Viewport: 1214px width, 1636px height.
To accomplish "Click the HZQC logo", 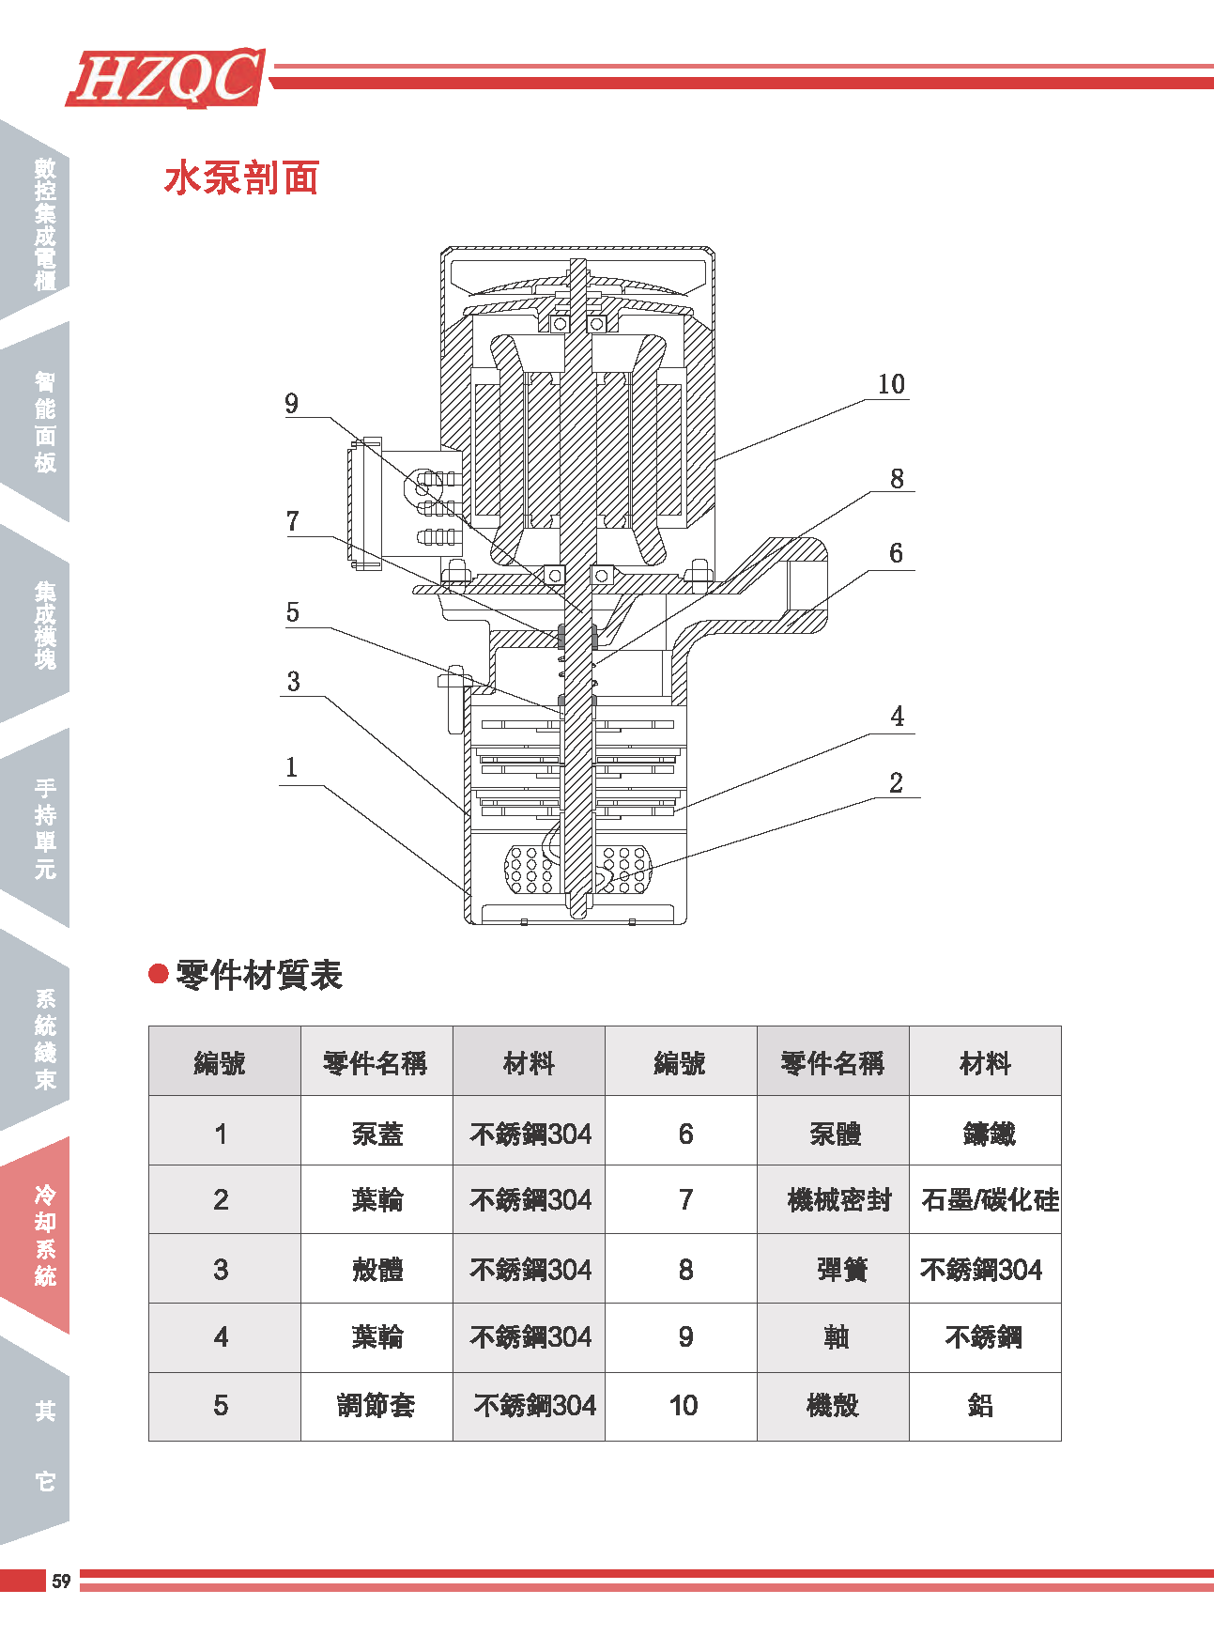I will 166,77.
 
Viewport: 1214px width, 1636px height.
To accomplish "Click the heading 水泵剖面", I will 242,177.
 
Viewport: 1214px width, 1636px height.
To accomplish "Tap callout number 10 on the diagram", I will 890,384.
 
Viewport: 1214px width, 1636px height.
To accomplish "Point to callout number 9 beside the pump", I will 292,404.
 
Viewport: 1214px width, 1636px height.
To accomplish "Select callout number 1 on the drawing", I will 292,767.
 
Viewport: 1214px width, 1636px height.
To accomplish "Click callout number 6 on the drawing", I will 896,553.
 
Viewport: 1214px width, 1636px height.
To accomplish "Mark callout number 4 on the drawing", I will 897,717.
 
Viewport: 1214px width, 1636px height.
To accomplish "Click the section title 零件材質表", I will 259,975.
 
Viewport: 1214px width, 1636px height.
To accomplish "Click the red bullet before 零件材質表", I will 159,974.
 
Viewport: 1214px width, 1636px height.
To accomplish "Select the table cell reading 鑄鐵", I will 988,1134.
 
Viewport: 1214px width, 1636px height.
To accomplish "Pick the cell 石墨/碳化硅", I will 989,1200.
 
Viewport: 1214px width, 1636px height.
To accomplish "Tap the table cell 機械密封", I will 838,1200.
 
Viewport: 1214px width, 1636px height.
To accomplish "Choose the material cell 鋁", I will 980,1406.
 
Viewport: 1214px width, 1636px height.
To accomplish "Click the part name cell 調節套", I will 376,1406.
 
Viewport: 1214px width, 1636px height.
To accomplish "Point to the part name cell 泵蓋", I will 376,1134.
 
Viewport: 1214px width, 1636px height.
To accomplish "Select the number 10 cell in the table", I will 683,1406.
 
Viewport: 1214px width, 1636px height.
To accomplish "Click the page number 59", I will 61,1581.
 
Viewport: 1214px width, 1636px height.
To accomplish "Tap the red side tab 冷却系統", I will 43,1235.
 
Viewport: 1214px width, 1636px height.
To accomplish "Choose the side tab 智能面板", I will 43,422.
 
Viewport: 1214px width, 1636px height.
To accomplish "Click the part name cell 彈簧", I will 841,1270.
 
